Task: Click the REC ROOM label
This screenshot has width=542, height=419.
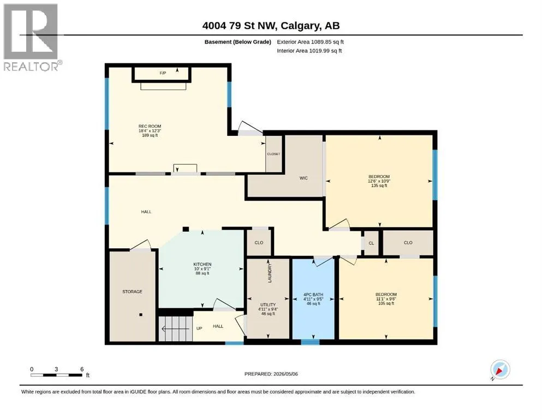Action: (x=150, y=127)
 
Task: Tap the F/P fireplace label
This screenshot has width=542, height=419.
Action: (x=163, y=73)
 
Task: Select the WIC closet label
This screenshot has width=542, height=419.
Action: (x=303, y=178)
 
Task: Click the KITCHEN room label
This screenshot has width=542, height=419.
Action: (x=202, y=264)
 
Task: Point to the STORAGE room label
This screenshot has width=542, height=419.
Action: (x=132, y=291)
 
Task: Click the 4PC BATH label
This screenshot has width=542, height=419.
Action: (x=313, y=295)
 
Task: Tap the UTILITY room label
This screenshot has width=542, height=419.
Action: (x=268, y=304)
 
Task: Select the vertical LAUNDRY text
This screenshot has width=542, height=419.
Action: (x=270, y=273)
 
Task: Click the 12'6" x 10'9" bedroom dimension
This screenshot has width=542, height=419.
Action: (x=379, y=181)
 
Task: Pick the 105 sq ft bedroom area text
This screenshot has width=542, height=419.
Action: (x=386, y=303)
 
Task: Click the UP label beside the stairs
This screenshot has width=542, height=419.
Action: (x=199, y=328)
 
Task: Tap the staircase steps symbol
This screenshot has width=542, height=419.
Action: (x=176, y=328)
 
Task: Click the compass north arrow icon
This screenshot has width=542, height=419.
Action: (x=500, y=369)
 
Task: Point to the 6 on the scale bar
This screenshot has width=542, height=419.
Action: (x=82, y=369)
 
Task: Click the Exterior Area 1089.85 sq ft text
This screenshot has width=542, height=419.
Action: (x=310, y=42)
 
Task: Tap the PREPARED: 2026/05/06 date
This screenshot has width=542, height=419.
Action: (x=271, y=374)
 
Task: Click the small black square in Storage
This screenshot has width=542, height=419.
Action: (x=141, y=315)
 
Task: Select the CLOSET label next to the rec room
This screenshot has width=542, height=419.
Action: (x=273, y=154)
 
